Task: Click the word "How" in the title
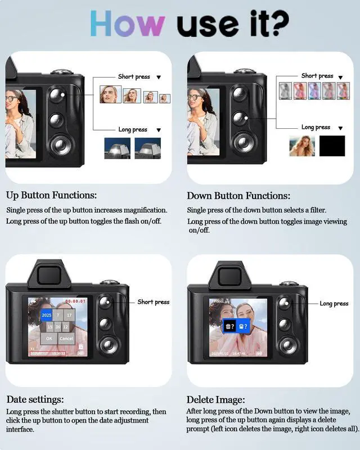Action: pyautogui.click(x=127, y=24)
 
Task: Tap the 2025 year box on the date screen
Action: pyautogui.click(x=47, y=315)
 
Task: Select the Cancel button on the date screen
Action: pyautogui.click(x=66, y=339)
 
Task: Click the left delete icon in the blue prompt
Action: pyautogui.click(x=229, y=326)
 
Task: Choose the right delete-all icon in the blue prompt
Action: pyautogui.click(x=243, y=326)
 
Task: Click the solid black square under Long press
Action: pyautogui.click(x=332, y=146)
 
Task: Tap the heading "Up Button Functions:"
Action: pyautogui.click(x=51, y=196)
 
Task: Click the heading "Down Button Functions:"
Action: pyautogui.click(x=238, y=196)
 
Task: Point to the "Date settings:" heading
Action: pyautogui.click(x=35, y=399)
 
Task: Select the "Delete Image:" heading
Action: pyautogui.click(x=216, y=399)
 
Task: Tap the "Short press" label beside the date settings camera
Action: pyautogui.click(x=153, y=302)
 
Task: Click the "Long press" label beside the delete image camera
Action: pyautogui.click(x=334, y=304)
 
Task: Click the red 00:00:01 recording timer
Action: pyautogui.click(x=75, y=301)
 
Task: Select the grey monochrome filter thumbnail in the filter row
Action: pyautogui.click(x=285, y=91)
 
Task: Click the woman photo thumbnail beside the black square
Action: pyautogui.click(x=302, y=146)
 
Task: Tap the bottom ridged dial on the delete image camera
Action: pyautogui.click(x=286, y=344)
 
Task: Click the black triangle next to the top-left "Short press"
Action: pyautogui.click(x=159, y=77)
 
